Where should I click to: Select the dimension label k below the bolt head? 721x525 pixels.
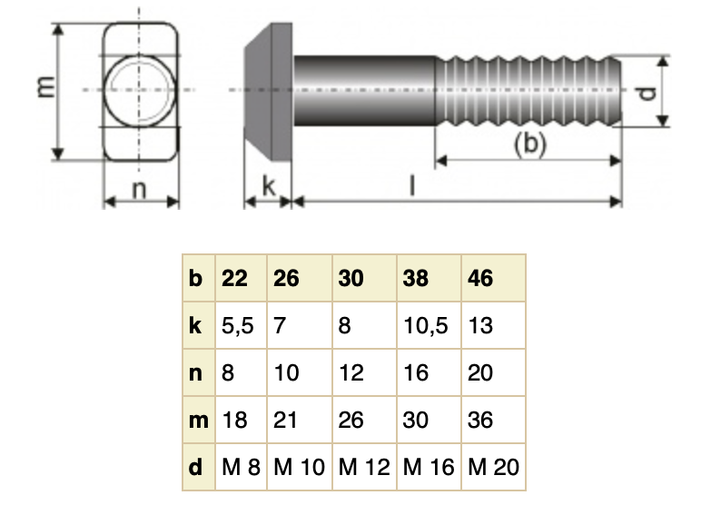(x=268, y=186)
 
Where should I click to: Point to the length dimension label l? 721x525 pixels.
(x=411, y=185)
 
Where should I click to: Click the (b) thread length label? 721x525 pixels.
(x=529, y=144)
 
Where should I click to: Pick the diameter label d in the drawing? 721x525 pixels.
(x=646, y=93)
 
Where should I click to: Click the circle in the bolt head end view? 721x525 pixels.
(x=141, y=89)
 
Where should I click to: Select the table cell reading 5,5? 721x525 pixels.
(x=238, y=325)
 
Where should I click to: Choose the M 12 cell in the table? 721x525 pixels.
(x=364, y=468)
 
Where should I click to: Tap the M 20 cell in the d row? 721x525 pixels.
(x=494, y=468)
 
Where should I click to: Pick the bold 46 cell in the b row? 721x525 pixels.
(x=480, y=278)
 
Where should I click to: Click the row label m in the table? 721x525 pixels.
(x=197, y=420)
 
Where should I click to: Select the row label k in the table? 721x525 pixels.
(x=196, y=325)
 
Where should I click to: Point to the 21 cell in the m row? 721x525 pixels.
(x=286, y=420)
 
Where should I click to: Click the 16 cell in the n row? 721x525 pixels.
(x=417, y=372)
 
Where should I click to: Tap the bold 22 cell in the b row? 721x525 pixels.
(x=235, y=278)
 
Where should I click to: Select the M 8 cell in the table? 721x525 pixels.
(x=241, y=468)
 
